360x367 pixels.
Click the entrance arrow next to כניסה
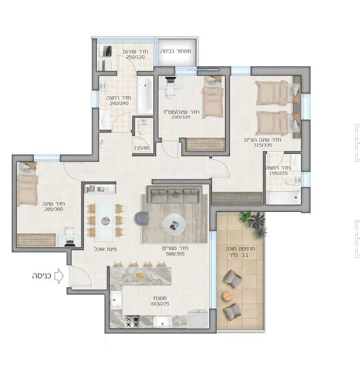pos(59,276)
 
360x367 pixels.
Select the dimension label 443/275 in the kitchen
pos(160,304)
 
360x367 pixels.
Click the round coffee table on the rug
pos(175,225)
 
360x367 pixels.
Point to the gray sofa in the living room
pos(174,194)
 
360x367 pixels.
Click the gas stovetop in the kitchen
pos(132,321)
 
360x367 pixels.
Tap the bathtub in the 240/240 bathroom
pos(145,95)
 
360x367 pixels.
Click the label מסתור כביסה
pos(175,51)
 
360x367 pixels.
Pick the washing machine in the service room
pos(105,51)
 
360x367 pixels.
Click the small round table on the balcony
pos(228,296)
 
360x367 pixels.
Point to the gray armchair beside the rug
pos(141,219)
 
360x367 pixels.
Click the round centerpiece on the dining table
pos(105,221)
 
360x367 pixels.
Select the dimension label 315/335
pos(262,145)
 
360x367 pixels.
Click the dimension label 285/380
pos(54,209)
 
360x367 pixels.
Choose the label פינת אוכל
pos(105,249)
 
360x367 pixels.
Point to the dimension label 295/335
pos(181,117)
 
